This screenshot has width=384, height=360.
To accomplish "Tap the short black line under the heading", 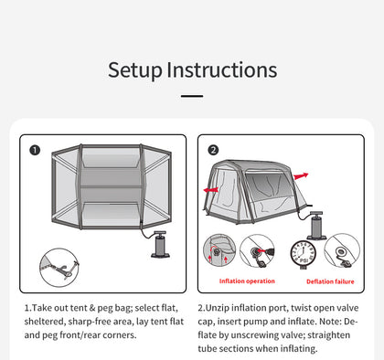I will pyautogui.click(x=191, y=95).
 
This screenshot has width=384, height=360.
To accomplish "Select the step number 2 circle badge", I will pyautogui.click(x=214, y=150).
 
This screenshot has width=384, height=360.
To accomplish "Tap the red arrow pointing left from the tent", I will pyautogui.click(x=210, y=190).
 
